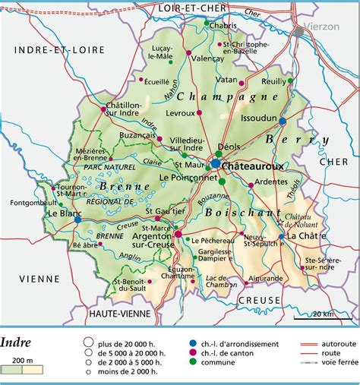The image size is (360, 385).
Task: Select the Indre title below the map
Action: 17,341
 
